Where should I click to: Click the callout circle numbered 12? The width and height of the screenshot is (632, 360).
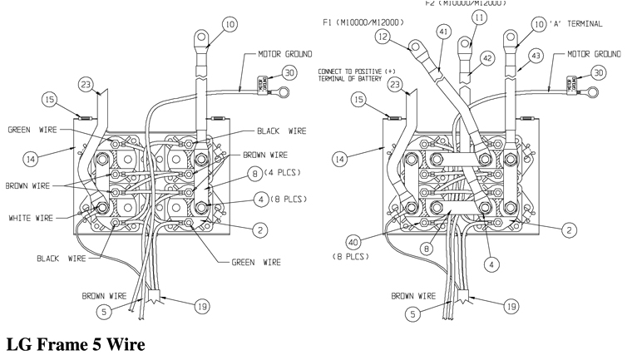pyautogui.click(x=383, y=37)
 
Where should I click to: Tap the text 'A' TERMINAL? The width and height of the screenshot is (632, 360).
pyautogui.click(x=580, y=24)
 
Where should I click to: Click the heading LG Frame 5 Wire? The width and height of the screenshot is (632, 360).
pyautogui.click(x=76, y=343)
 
